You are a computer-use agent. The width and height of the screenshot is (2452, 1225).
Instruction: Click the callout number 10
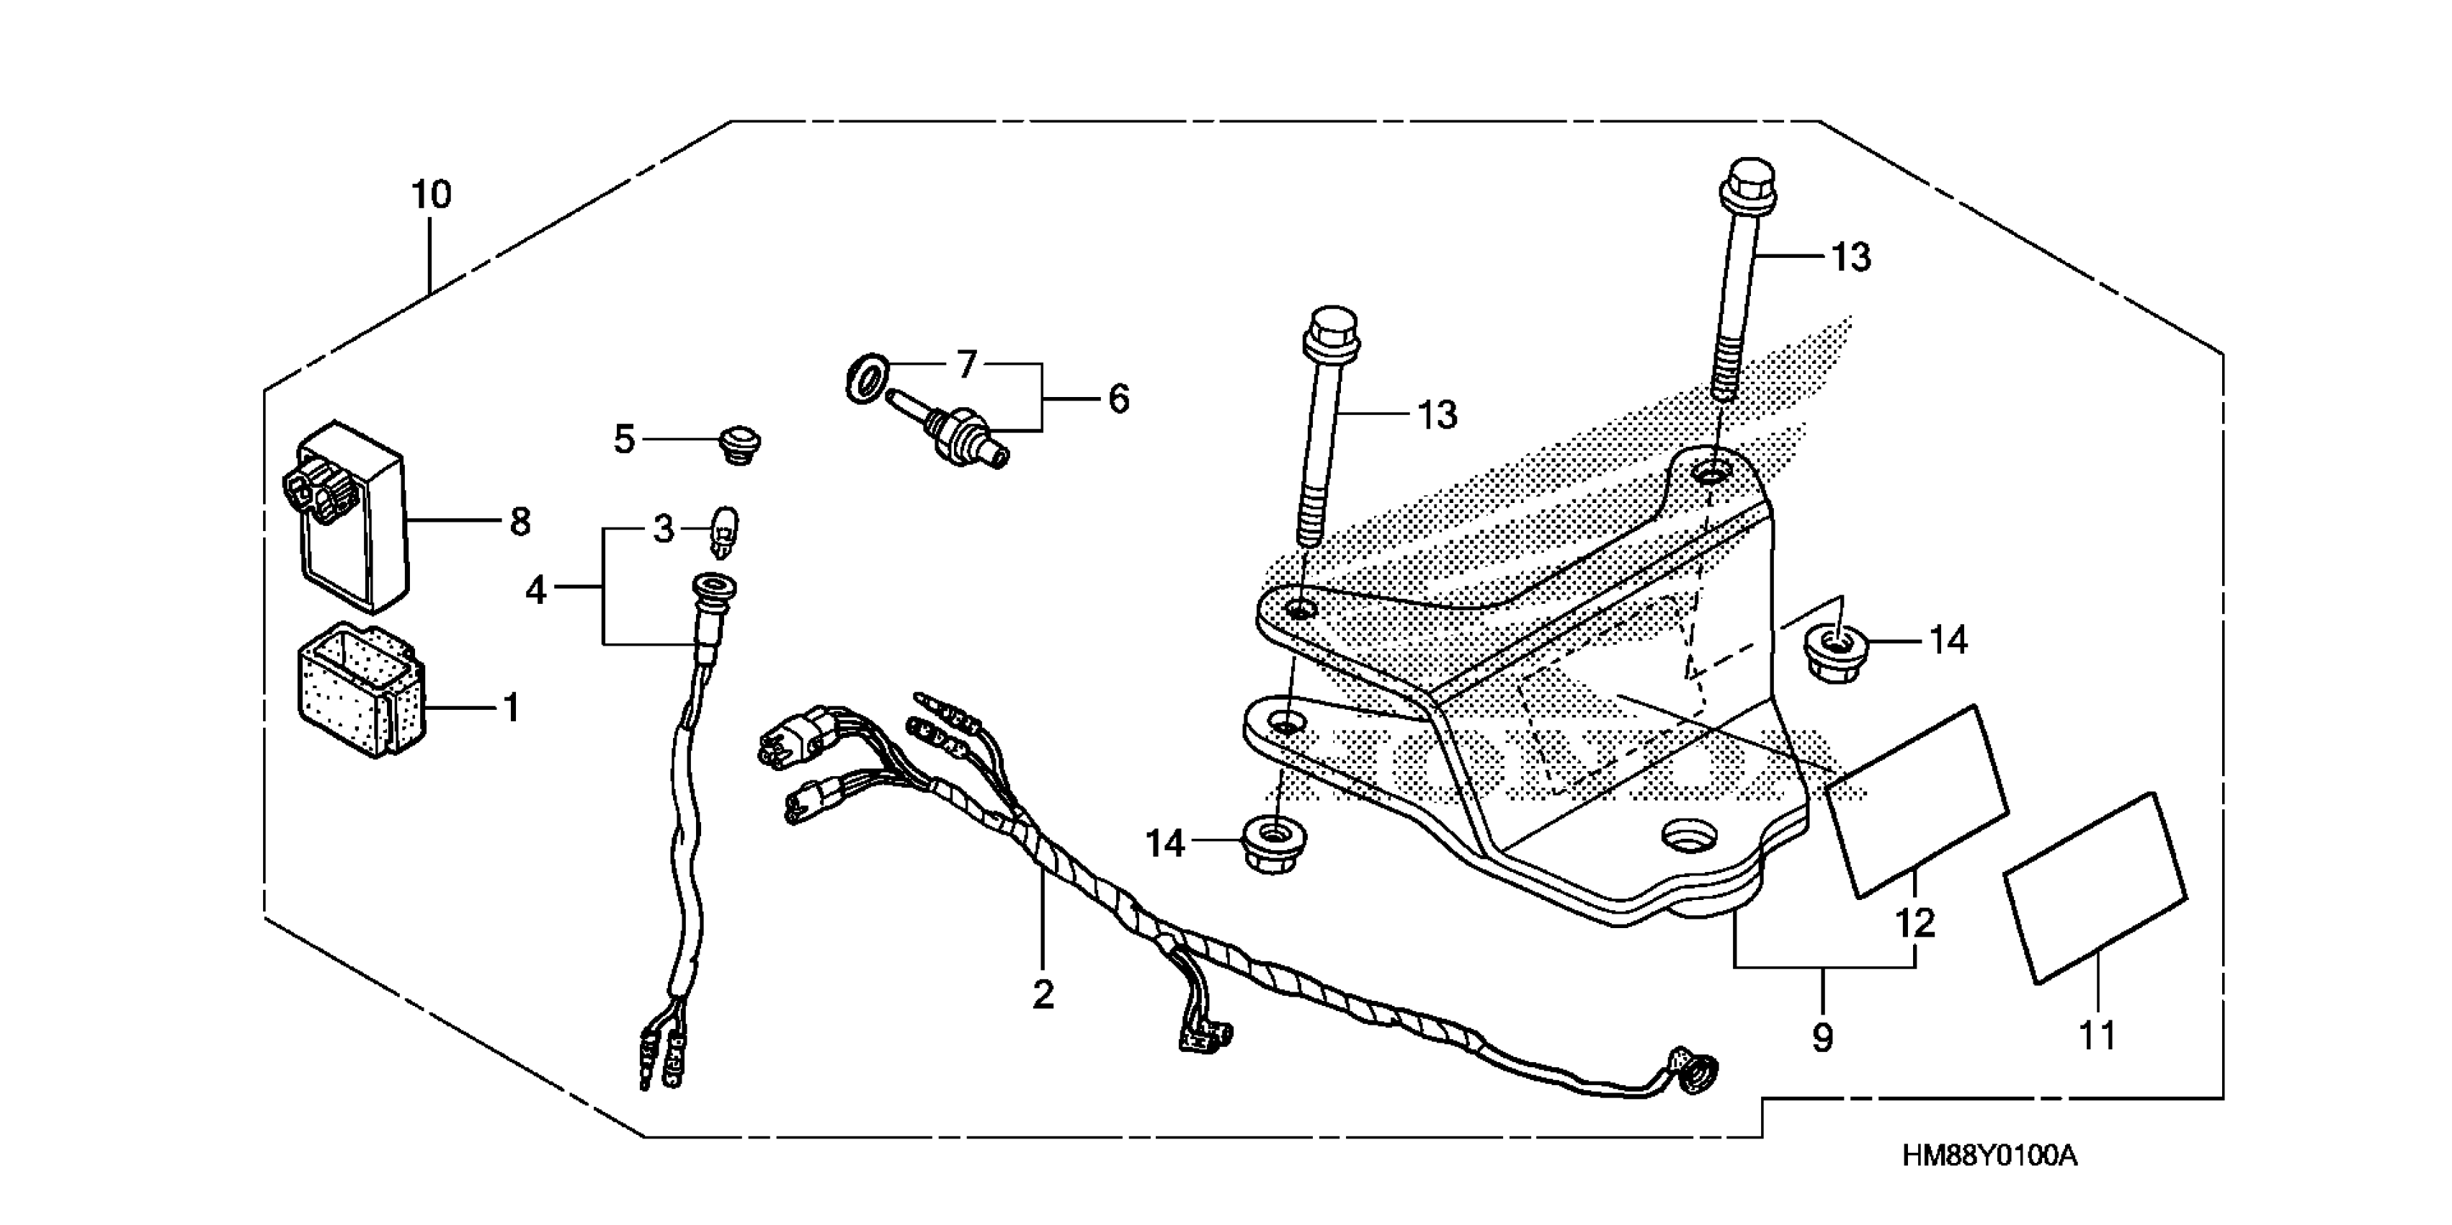click(x=430, y=195)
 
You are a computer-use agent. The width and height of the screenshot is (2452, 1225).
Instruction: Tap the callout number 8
click(x=520, y=522)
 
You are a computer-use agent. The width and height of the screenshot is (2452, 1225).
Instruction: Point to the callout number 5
click(x=623, y=440)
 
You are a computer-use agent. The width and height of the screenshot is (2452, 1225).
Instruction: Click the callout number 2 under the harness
click(x=1043, y=994)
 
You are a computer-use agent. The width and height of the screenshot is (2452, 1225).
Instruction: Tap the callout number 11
click(x=2097, y=1035)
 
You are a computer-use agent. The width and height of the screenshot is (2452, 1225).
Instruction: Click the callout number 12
click(x=1915, y=923)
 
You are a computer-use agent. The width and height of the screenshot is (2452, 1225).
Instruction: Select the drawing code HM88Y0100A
click(x=1989, y=1157)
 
